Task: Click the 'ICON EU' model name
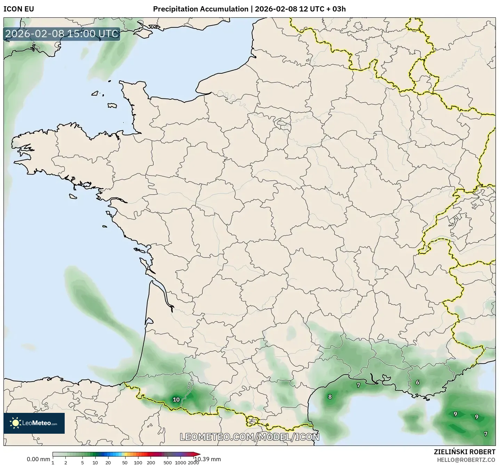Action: (19, 9)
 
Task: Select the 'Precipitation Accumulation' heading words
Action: (201, 9)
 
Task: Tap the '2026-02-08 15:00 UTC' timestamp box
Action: (62, 34)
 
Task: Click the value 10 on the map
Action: (176, 400)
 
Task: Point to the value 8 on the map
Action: (330, 397)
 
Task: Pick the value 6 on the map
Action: (418, 383)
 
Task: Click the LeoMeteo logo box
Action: (34, 423)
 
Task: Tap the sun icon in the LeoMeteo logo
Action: (15, 423)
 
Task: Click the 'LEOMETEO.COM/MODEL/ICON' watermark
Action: (249, 437)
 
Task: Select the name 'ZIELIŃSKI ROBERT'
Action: (465, 452)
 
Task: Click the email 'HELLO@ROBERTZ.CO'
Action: (466, 460)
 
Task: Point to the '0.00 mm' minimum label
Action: (38, 459)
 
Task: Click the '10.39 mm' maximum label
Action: (208, 459)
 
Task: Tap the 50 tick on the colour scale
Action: (125, 463)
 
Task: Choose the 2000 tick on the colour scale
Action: (193, 463)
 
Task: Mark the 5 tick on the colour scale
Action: (82, 463)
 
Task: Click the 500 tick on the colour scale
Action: (168, 463)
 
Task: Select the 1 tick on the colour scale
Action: (53, 463)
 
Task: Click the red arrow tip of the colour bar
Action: (198, 454)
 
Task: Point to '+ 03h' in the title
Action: (336, 9)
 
